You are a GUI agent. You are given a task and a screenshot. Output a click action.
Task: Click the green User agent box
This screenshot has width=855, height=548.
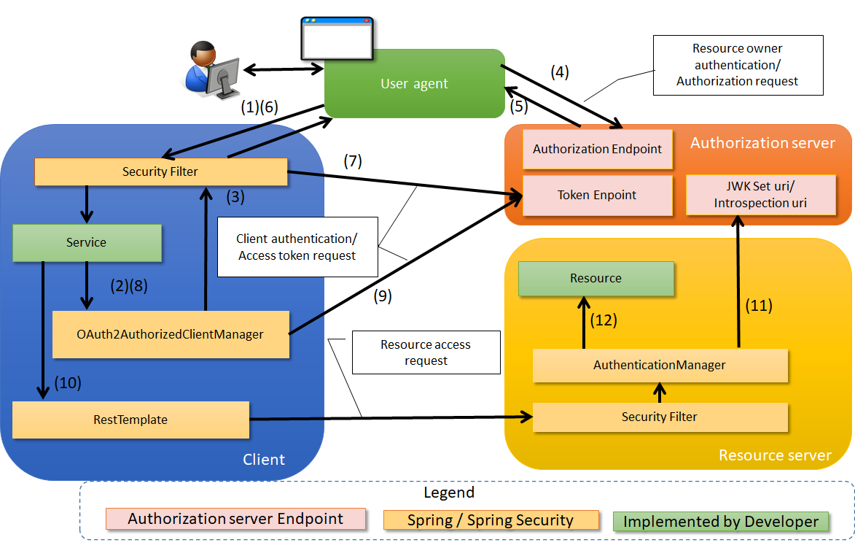coord(414,83)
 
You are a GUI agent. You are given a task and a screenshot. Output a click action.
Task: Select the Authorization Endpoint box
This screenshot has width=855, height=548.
coord(597,149)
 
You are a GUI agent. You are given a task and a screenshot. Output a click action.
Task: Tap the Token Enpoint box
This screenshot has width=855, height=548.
coord(597,195)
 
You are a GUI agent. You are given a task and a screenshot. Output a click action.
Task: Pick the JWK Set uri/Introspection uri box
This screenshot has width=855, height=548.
coord(760,195)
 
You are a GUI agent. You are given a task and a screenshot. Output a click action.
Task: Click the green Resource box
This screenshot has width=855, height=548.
coord(596,278)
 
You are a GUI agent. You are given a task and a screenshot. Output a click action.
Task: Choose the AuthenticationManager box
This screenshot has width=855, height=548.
coord(660,365)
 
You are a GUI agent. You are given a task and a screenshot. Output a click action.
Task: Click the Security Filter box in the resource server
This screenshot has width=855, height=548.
coord(660,417)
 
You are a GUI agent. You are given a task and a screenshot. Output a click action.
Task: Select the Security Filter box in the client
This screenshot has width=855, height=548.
coord(160,171)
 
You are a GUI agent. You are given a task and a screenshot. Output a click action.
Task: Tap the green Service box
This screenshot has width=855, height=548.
coord(87,242)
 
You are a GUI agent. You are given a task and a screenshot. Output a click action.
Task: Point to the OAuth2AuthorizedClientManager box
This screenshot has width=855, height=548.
coord(171,334)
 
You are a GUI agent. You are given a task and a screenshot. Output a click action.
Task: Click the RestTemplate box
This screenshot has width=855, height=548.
coord(130,420)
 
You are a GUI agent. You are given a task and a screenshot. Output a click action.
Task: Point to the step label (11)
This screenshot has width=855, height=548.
coord(758,306)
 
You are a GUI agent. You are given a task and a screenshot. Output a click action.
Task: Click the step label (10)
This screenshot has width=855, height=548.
coord(67,382)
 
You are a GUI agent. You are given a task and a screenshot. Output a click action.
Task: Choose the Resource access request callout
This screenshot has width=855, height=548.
coord(426,352)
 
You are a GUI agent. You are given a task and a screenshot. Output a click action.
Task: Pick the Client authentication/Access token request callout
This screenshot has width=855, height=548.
coord(297,247)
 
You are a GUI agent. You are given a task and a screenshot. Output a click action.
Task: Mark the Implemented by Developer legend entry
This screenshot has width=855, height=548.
coord(721,521)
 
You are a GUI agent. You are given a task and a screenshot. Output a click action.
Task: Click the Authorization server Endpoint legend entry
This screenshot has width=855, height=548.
coord(235,520)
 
